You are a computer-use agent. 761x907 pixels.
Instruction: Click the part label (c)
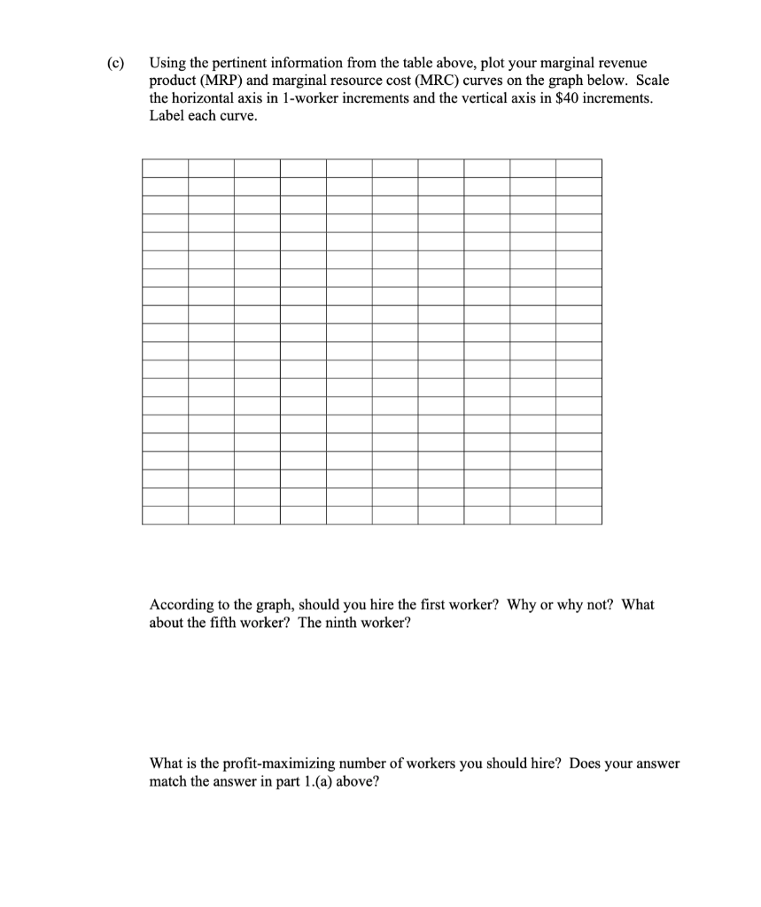(114, 64)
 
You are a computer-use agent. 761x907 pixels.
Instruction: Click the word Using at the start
(167, 64)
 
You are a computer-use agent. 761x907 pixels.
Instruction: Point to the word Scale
(651, 81)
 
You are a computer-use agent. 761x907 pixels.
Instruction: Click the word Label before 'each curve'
(167, 116)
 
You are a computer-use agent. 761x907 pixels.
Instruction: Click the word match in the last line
(169, 781)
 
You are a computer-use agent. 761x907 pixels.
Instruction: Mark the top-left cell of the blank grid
(165, 168)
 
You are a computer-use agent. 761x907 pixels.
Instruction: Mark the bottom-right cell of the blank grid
(579, 515)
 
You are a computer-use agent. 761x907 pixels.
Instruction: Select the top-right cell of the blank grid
(579, 168)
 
